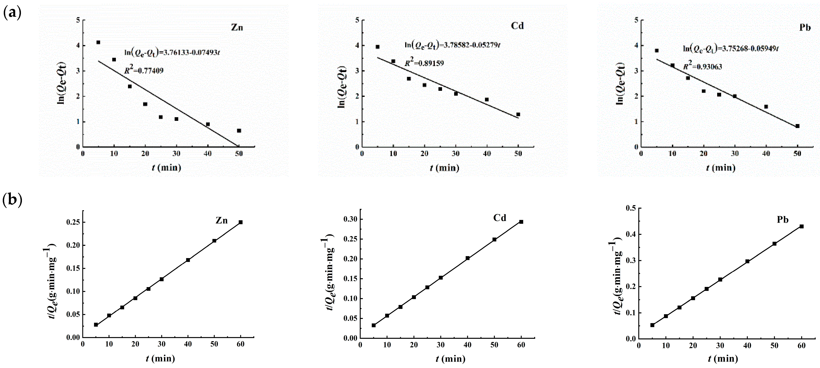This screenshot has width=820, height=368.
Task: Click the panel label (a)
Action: (12, 13)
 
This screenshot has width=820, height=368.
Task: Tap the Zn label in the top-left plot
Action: (237, 28)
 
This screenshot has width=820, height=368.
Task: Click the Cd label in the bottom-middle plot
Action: (500, 218)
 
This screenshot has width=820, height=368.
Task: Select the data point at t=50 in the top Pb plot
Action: (797, 126)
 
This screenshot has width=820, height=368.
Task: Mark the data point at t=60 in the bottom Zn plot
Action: (241, 222)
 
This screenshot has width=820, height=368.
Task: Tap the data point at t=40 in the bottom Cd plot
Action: (468, 258)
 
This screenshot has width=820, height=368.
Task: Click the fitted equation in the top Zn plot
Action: (172, 52)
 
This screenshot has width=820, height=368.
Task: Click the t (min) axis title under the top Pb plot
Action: (721, 168)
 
